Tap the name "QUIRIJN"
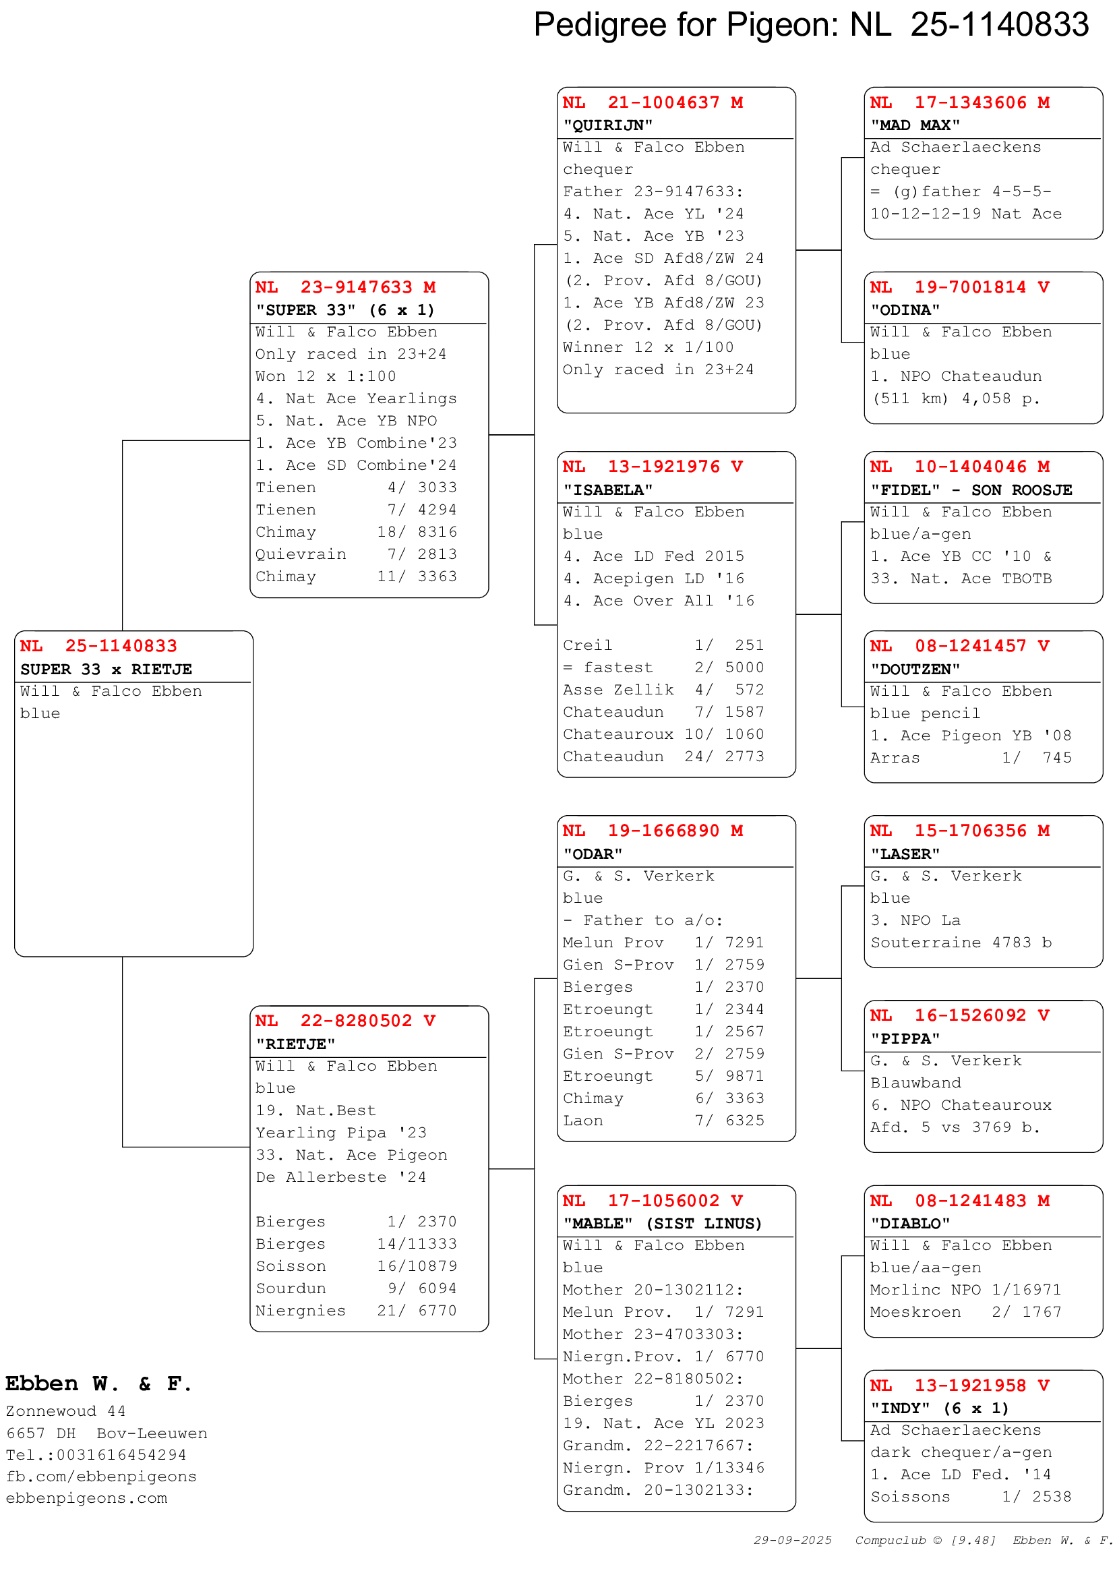(607, 125)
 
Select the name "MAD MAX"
(915, 125)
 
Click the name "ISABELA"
(607, 490)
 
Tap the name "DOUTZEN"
(915, 670)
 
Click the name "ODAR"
(593, 854)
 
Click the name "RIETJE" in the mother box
(295, 1044)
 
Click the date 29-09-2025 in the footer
(792, 1541)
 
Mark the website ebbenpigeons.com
(86, 1498)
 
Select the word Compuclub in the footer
(890, 1541)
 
